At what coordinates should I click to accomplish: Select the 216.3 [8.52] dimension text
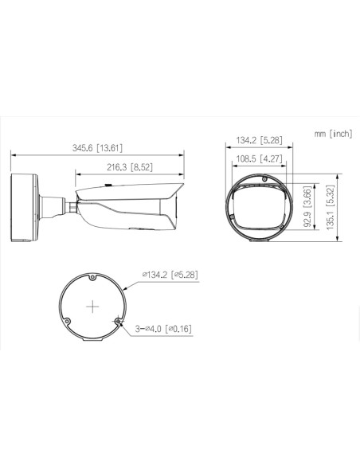coord(130,166)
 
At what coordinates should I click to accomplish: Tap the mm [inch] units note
coord(333,133)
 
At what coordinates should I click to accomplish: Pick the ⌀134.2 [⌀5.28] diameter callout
coord(170,275)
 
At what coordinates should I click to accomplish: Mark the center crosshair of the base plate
coord(94,306)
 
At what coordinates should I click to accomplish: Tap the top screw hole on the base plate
coord(93,278)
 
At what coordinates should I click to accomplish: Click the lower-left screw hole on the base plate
coord(68,321)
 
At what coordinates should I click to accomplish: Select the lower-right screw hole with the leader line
coord(119,321)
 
